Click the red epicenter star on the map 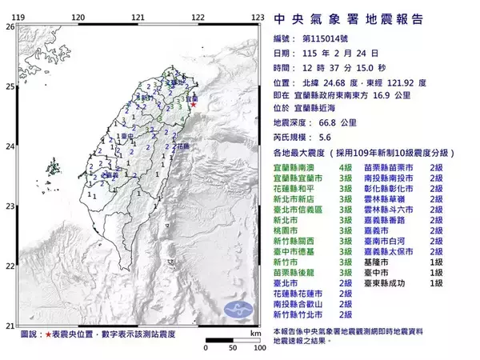194,104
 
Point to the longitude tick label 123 258,17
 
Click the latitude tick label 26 10,26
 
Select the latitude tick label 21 10,325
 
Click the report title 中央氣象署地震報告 349,18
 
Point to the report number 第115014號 328,38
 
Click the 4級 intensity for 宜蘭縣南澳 346,165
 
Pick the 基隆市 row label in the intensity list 376,261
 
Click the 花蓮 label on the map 182,146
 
